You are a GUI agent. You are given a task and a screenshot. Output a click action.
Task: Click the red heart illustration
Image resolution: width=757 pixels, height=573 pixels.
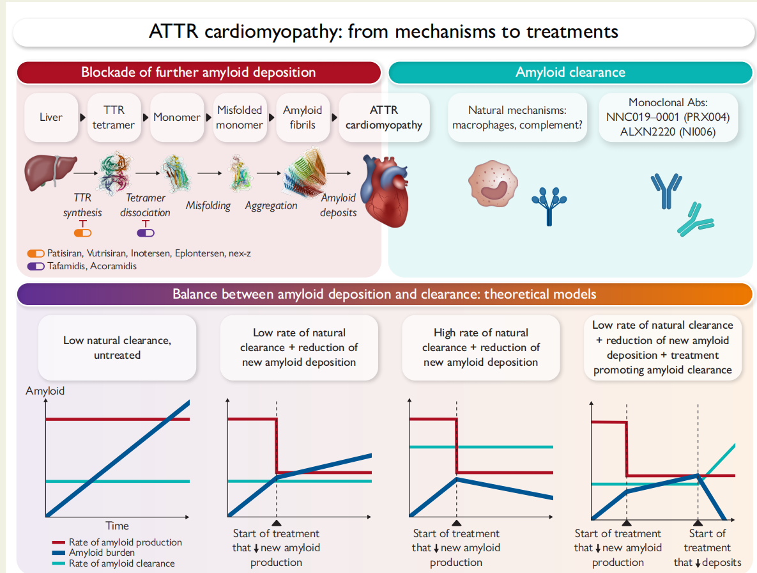click(x=386, y=191)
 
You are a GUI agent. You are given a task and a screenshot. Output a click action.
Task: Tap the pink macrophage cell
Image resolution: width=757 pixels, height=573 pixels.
click(x=493, y=184)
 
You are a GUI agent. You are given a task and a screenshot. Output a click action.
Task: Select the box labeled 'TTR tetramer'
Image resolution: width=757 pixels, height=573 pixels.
click(x=114, y=118)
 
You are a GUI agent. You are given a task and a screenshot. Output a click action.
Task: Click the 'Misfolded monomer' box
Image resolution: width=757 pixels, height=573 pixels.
click(x=240, y=118)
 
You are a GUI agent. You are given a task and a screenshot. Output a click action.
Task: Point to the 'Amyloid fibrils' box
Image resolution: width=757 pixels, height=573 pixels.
click(x=302, y=118)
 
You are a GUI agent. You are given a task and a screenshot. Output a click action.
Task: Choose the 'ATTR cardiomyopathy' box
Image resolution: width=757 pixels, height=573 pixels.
click(x=384, y=118)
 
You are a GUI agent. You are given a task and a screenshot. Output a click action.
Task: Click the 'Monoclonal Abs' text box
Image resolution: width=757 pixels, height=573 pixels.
click(x=668, y=118)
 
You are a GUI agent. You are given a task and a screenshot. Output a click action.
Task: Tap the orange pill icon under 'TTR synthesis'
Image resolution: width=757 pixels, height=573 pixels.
click(x=83, y=233)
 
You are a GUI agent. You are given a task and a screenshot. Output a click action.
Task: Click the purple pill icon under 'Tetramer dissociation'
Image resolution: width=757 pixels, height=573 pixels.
click(x=146, y=233)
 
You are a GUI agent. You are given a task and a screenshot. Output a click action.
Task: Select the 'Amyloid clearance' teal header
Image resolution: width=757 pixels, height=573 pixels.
click(x=570, y=72)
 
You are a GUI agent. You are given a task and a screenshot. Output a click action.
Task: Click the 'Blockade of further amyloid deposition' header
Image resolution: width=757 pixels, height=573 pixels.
click(x=199, y=72)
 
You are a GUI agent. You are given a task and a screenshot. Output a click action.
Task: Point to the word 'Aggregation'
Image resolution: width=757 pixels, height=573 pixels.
click(x=271, y=206)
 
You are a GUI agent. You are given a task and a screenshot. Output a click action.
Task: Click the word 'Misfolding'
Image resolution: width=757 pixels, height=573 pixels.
click(x=208, y=206)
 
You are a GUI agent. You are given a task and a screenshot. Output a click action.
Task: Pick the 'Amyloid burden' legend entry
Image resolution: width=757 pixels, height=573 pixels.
click(x=93, y=553)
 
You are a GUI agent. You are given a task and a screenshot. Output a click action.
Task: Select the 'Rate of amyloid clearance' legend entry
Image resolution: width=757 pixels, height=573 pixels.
click(x=114, y=563)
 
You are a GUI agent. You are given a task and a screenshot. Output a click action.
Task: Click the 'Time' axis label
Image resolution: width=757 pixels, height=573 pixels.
click(x=118, y=526)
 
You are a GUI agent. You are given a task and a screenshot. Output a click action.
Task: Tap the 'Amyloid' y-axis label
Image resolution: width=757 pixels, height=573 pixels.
click(x=45, y=391)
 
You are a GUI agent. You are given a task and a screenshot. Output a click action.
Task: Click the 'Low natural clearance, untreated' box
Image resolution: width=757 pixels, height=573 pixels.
click(x=118, y=348)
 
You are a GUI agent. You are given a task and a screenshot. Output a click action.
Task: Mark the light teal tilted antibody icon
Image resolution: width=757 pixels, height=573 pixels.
click(x=696, y=220)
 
